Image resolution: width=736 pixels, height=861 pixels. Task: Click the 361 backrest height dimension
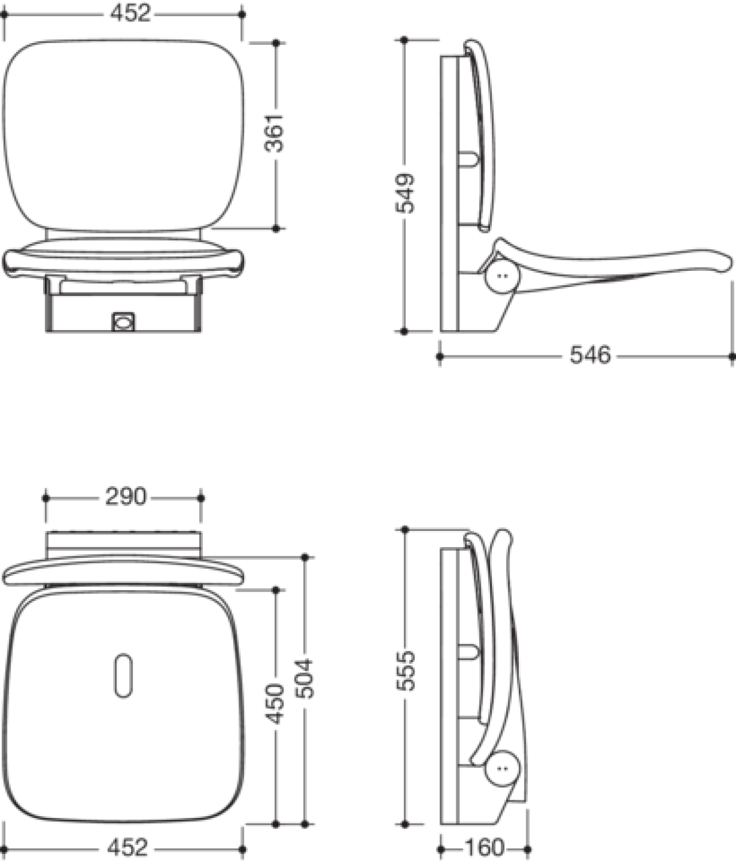[275, 133]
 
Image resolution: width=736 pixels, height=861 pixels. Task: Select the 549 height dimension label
[405, 193]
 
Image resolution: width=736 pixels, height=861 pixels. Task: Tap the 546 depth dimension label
[590, 355]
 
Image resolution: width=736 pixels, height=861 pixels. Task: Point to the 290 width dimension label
[125, 496]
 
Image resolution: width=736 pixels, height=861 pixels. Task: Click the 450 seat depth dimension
[275, 704]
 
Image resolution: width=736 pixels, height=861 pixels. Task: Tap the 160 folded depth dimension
[484, 847]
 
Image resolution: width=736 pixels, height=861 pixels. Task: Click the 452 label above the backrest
[130, 13]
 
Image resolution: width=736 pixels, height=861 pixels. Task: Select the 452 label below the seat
[127, 847]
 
